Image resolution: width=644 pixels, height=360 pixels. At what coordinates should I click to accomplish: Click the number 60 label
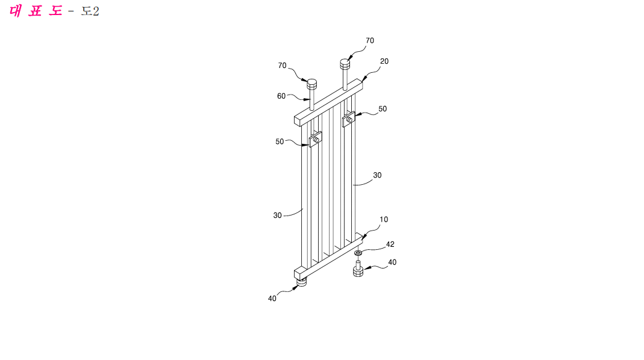pos(281,96)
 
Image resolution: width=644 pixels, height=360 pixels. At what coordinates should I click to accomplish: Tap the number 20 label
pos(384,61)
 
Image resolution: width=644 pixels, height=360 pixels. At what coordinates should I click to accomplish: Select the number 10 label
pos(384,220)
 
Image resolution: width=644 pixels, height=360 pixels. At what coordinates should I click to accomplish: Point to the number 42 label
pos(390,244)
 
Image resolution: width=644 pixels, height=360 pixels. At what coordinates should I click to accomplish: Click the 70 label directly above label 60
pos(282,66)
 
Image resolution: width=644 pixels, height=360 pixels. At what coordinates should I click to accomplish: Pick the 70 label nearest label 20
pos(370,41)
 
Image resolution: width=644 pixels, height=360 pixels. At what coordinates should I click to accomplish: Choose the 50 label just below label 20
pos(383,109)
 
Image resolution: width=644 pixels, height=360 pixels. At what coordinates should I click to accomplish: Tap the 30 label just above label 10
pos(377,175)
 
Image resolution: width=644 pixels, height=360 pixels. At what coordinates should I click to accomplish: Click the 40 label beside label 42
pos(392,262)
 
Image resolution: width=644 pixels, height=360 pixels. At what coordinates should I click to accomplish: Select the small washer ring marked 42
pos(358,253)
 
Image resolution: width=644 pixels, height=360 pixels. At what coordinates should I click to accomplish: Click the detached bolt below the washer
pos(358,269)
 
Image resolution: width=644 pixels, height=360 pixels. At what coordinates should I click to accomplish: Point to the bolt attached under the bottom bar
pos(302,282)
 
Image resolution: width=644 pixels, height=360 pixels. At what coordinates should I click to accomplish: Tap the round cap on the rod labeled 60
pos(312,84)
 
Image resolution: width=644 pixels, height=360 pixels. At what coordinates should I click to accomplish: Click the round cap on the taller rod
pos(345,64)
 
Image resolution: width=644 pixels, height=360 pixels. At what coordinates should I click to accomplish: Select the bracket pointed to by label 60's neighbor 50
pos(315,140)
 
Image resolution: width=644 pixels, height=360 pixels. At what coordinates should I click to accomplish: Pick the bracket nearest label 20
pos(349,119)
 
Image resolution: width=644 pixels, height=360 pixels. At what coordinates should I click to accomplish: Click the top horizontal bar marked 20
pos(328,102)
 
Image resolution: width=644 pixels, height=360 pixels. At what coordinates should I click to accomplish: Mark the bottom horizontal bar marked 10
pos(328,256)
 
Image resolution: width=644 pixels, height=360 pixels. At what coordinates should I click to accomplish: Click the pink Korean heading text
pos(36,11)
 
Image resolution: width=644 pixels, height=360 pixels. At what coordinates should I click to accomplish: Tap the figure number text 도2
pos(90,11)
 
